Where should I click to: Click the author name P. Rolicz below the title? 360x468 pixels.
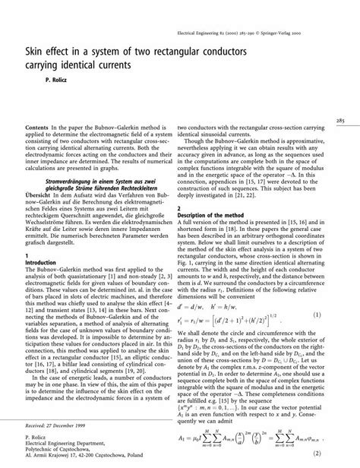(x=38, y=79)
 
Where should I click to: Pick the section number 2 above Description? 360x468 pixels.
(x=178, y=207)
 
